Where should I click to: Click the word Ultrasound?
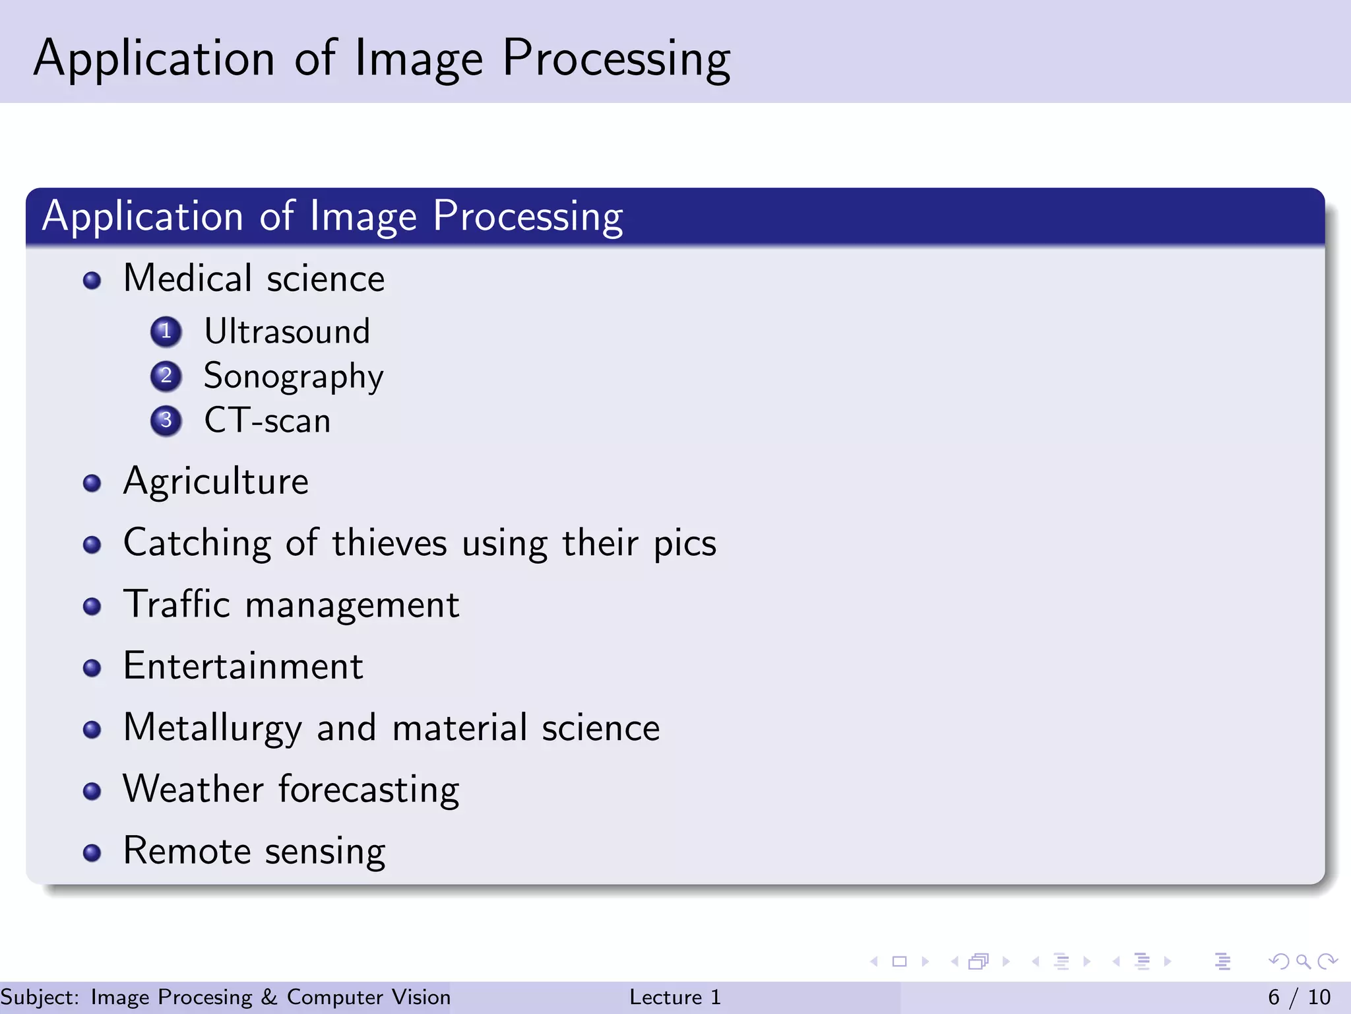(287, 331)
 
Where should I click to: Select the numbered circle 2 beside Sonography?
(166, 376)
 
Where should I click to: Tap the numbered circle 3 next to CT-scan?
(166, 421)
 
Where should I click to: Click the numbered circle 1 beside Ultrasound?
(166, 331)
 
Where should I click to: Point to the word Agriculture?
(216, 482)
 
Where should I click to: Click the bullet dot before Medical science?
(92, 281)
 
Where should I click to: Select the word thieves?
(389, 543)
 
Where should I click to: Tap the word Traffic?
(177, 604)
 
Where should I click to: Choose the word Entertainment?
(243, 666)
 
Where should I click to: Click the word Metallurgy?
(212, 729)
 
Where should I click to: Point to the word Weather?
(193, 789)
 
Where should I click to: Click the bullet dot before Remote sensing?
(92, 852)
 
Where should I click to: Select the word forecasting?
(369, 790)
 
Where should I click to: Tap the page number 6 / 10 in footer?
(1299, 997)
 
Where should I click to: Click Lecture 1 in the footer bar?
(675, 997)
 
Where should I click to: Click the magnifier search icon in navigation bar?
(1303, 961)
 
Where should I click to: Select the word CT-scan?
(267, 421)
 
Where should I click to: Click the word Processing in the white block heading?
(528, 217)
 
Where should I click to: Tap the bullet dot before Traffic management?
(92, 606)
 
